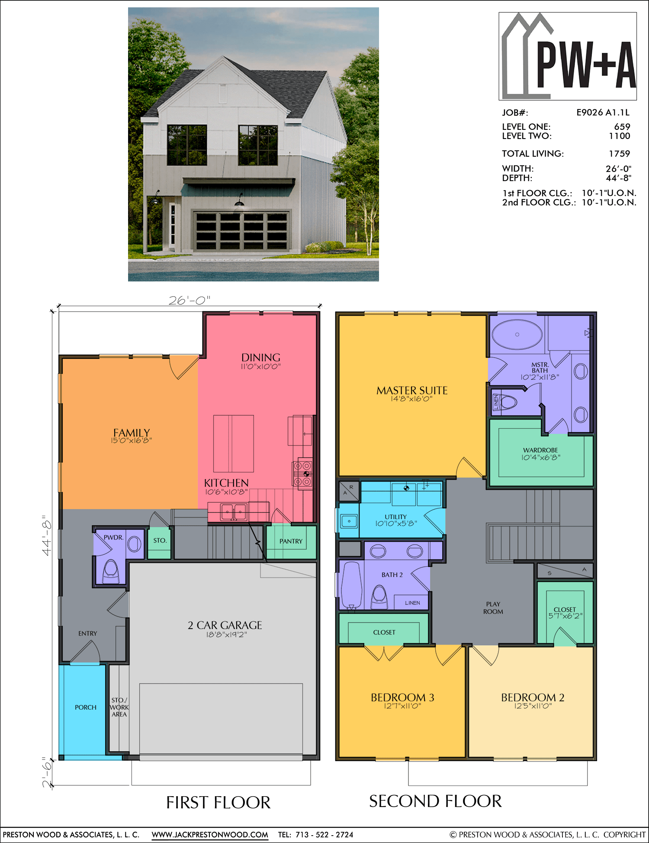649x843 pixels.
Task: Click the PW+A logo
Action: click(x=568, y=56)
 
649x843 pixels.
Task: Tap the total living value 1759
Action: click(x=619, y=154)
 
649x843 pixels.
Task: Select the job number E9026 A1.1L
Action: click(x=603, y=113)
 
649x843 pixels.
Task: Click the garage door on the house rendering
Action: click(x=241, y=231)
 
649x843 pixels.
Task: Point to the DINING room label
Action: click(x=261, y=358)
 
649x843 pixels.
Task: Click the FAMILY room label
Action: click(x=132, y=433)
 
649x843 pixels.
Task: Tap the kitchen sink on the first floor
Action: click(x=234, y=512)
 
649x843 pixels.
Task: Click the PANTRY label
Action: click(x=291, y=541)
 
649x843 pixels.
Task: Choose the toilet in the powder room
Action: click(x=111, y=572)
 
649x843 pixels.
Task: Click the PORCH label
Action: click(x=86, y=707)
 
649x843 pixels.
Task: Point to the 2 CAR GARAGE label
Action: click(x=225, y=625)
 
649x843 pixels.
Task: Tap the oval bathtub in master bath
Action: click(x=517, y=334)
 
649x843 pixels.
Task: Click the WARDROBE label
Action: click(x=540, y=450)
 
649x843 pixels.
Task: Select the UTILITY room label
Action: click(x=396, y=517)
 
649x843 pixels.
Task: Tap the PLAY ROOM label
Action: click(x=493, y=608)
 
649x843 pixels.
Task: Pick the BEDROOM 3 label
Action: click(x=402, y=698)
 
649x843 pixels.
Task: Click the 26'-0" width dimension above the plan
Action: click(x=190, y=300)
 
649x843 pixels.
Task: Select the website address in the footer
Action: click(x=210, y=835)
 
